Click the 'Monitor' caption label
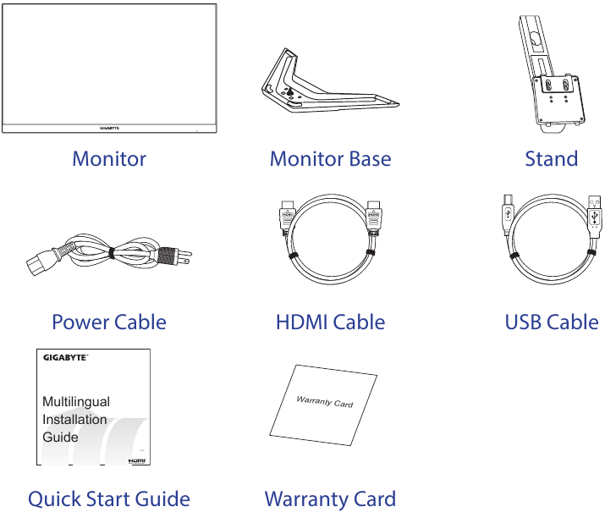click(109, 159)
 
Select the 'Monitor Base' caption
click(330, 159)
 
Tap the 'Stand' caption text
click(551, 159)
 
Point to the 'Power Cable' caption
click(109, 322)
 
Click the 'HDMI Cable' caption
click(330, 322)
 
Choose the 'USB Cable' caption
click(551, 322)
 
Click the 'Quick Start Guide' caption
click(109, 499)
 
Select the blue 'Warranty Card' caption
click(330, 499)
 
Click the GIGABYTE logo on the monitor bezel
click(110, 129)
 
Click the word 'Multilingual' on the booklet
click(76, 402)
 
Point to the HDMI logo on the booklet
click(137, 461)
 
